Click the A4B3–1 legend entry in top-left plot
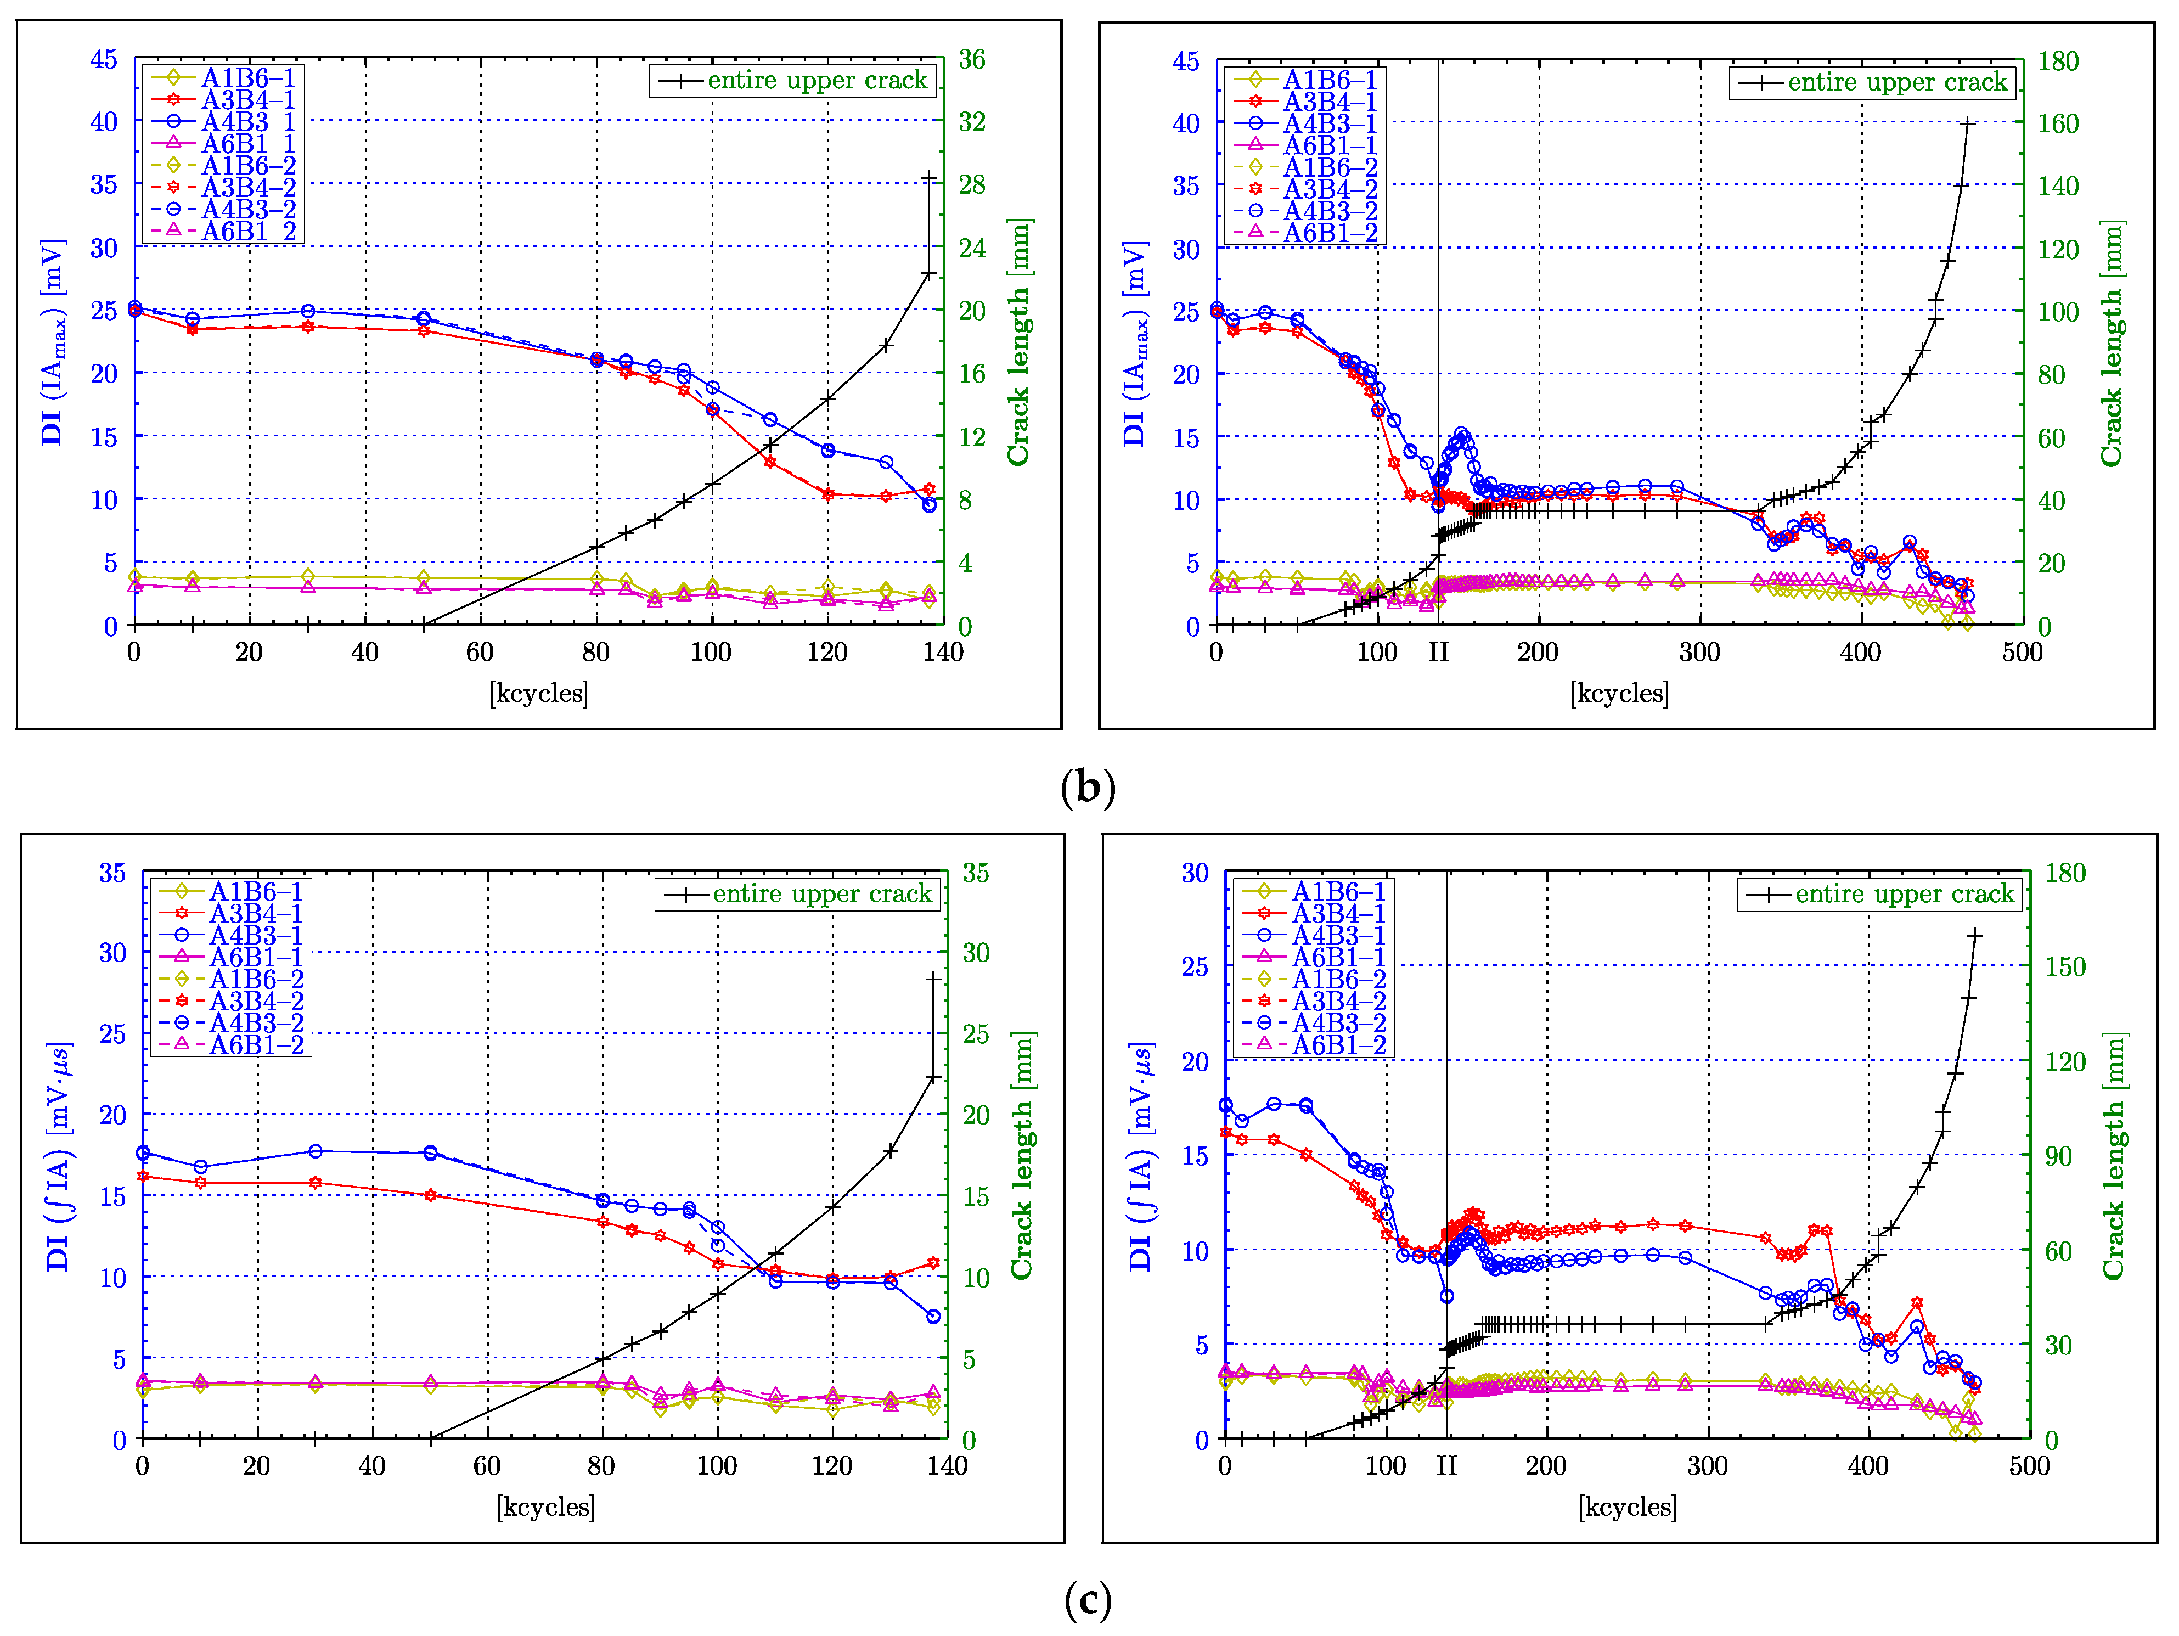coord(248,122)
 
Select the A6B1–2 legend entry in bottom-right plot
coord(1338,1045)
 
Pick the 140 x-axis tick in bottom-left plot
coord(947,1466)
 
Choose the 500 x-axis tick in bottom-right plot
coord(2029,1466)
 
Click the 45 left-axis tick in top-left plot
coord(103,60)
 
